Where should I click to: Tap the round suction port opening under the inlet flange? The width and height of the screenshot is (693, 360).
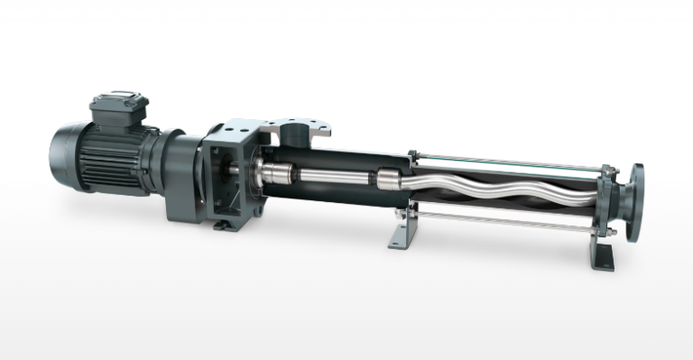click(x=294, y=135)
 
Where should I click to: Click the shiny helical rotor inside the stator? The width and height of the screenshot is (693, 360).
click(x=505, y=180)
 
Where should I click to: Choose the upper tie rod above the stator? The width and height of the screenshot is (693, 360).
click(x=505, y=162)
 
